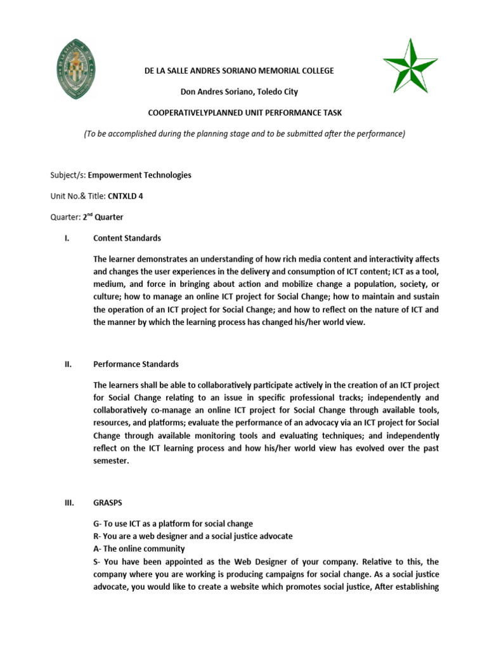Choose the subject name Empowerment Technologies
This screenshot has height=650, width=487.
[140, 175]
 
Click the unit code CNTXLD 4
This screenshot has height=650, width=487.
[126, 196]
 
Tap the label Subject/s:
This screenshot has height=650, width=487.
[67, 175]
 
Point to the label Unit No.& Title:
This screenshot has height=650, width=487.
[78, 196]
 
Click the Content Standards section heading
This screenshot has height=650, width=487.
[127, 238]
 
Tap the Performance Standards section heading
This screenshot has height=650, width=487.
[136, 364]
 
